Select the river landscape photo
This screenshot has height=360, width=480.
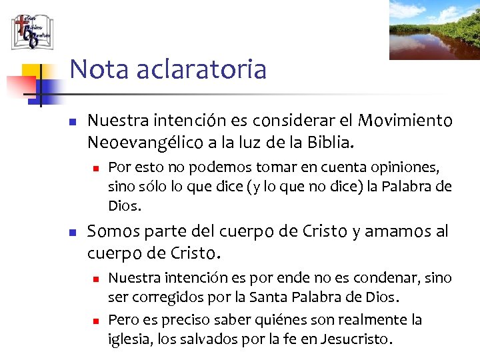434,29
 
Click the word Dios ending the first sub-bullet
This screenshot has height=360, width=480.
123,205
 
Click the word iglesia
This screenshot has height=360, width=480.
128,339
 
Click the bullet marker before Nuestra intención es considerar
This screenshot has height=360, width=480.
74,122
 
